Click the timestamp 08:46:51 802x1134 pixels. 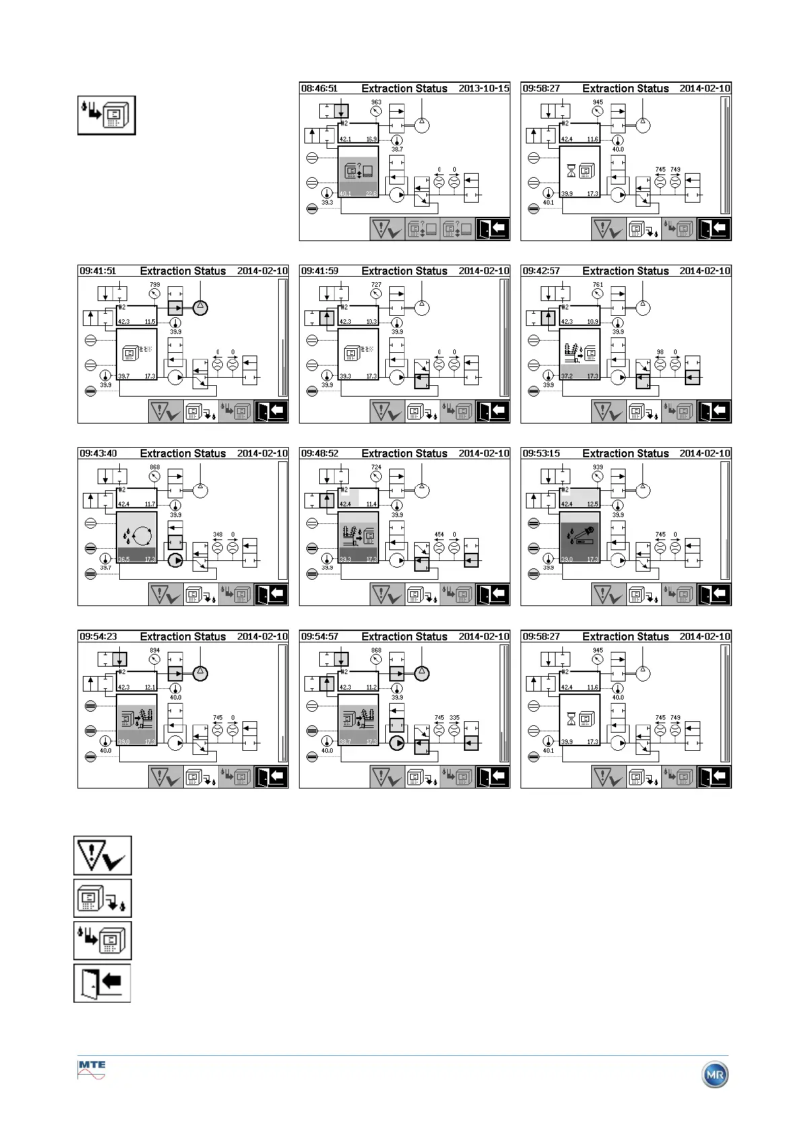coord(319,88)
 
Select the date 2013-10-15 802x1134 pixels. coord(483,88)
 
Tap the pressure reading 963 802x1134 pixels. coord(376,102)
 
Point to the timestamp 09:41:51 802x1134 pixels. coord(98,271)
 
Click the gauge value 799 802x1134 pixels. coord(155,285)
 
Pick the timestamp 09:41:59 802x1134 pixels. coord(319,271)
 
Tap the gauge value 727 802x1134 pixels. coord(376,285)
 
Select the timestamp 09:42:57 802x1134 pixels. coord(541,271)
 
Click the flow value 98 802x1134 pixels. coord(660,352)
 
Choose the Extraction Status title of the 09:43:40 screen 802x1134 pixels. coord(182,454)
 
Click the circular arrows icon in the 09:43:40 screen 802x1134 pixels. coord(142,536)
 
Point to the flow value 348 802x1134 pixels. coord(218,535)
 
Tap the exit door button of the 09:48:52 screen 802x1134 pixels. coord(492,595)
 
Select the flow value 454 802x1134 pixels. coord(439,535)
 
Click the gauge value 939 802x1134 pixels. coord(598,467)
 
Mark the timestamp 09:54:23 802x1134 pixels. coord(98,636)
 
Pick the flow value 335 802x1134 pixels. coord(455,718)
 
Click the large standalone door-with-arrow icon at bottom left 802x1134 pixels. coord(102,983)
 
